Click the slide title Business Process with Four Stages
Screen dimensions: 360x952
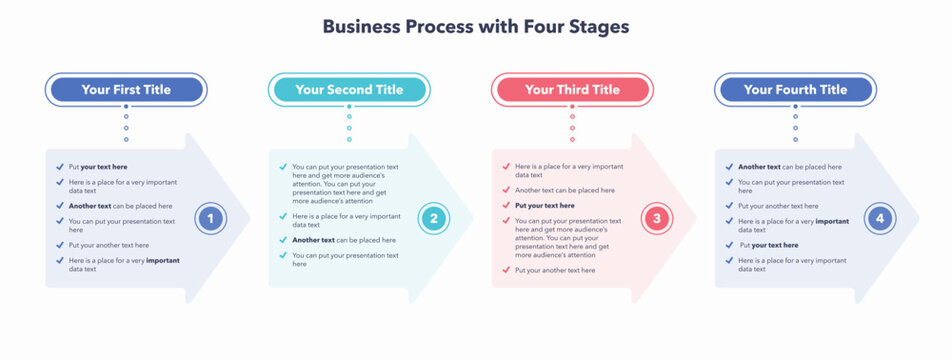tap(475, 27)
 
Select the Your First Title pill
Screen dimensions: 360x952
tap(126, 90)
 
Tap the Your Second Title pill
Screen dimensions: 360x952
tap(349, 90)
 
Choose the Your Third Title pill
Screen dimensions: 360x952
tap(572, 90)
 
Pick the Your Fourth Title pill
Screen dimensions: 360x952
tap(795, 90)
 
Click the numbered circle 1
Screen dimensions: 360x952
tap(210, 218)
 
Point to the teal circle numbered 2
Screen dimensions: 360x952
tap(433, 218)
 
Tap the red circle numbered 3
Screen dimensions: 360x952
tap(656, 218)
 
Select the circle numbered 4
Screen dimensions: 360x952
tap(879, 218)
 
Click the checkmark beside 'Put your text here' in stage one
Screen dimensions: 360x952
tap(59, 167)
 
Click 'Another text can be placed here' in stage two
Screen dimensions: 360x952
tap(343, 240)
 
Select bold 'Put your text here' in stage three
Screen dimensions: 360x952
tap(545, 205)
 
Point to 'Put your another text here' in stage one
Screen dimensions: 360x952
tap(108, 245)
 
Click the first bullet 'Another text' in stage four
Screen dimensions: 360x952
tap(789, 167)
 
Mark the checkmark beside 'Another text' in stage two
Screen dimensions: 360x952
tap(283, 240)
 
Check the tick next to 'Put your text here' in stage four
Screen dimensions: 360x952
tap(729, 245)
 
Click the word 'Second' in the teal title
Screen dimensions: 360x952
tap(351, 90)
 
